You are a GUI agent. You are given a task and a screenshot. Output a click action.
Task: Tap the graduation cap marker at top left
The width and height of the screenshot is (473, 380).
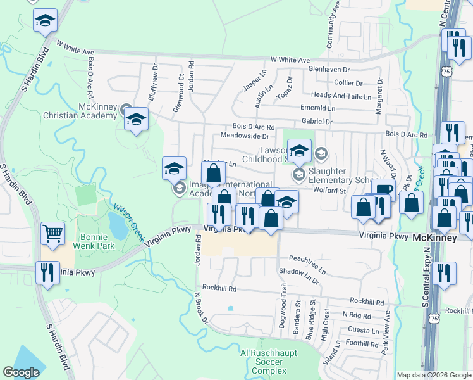44,20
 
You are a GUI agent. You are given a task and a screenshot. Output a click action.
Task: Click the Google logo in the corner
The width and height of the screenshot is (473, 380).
21,372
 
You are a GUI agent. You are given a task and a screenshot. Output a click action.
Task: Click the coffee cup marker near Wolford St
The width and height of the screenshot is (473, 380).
383,189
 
